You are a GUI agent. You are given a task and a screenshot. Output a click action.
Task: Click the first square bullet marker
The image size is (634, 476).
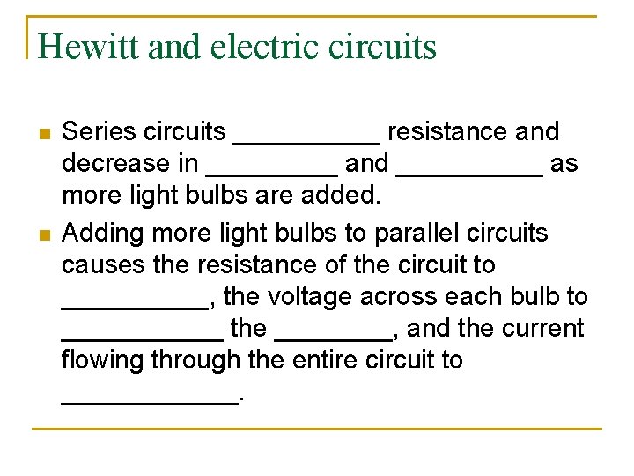pos(43,134)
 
